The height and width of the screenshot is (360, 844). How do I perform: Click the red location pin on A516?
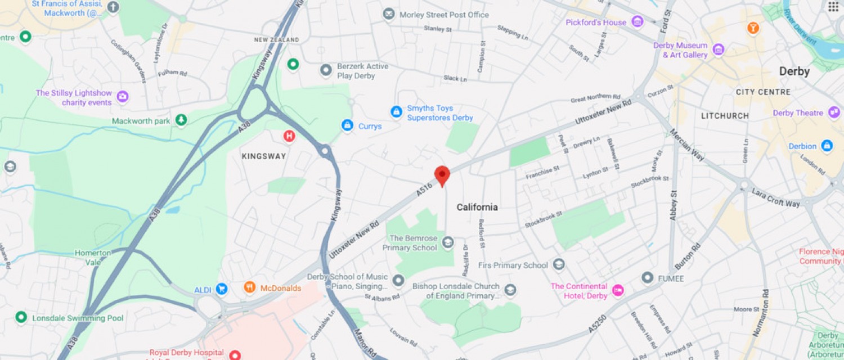[x=442, y=175]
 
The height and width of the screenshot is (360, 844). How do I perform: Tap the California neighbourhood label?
[x=477, y=207]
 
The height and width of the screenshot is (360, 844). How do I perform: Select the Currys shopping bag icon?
[x=348, y=125]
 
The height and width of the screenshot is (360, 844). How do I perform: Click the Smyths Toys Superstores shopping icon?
[x=397, y=112]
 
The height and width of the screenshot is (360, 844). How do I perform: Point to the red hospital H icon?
[x=289, y=136]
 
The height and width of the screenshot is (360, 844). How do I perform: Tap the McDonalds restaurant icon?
[x=250, y=287]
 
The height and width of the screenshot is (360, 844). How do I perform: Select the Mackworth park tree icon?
[x=181, y=120]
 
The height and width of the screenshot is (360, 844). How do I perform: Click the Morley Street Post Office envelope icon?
[x=389, y=14]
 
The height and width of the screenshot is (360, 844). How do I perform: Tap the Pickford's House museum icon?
[x=638, y=22]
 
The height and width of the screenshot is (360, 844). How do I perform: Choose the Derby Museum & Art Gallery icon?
[x=719, y=49]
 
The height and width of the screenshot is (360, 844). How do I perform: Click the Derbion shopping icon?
[x=827, y=146]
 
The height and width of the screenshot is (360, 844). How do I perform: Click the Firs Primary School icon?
[x=559, y=264]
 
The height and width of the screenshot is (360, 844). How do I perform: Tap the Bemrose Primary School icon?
[x=448, y=242]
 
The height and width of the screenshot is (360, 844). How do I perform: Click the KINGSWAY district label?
[x=264, y=156]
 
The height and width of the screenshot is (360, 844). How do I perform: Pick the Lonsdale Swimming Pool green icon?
[x=21, y=317]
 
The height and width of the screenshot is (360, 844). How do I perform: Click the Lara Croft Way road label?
[x=775, y=197]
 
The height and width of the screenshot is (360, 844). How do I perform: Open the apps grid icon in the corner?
[x=833, y=7]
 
